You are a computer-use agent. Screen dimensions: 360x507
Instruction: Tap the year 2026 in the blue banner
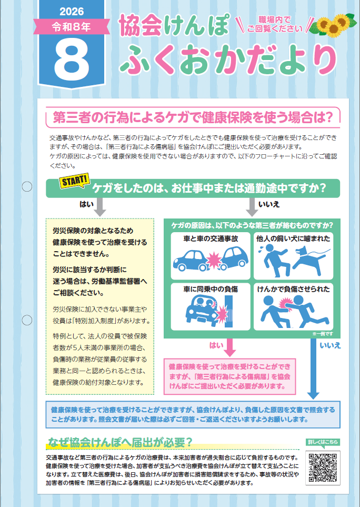click(x=72, y=12)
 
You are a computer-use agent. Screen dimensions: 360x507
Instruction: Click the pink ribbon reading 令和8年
click(x=72, y=27)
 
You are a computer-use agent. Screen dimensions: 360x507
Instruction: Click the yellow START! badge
click(x=74, y=181)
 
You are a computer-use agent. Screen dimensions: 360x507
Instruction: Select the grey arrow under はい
click(x=100, y=207)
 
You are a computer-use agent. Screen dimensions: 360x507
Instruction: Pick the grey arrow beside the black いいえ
click(x=252, y=207)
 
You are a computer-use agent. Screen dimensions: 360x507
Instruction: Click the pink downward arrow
click(x=229, y=347)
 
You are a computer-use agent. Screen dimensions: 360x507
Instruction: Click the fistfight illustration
click(x=294, y=311)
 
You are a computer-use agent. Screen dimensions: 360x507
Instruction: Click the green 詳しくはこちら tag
click(x=323, y=442)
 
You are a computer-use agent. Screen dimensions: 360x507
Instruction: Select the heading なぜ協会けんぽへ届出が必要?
click(x=120, y=442)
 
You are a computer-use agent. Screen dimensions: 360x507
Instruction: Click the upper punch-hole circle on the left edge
click(x=27, y=186)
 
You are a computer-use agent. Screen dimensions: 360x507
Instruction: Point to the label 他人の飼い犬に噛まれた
click(x=293, y=238)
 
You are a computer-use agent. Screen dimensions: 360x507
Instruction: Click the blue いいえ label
click(x=331, y=345)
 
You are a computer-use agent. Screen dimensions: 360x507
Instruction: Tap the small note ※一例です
click(x=323, y=334)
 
